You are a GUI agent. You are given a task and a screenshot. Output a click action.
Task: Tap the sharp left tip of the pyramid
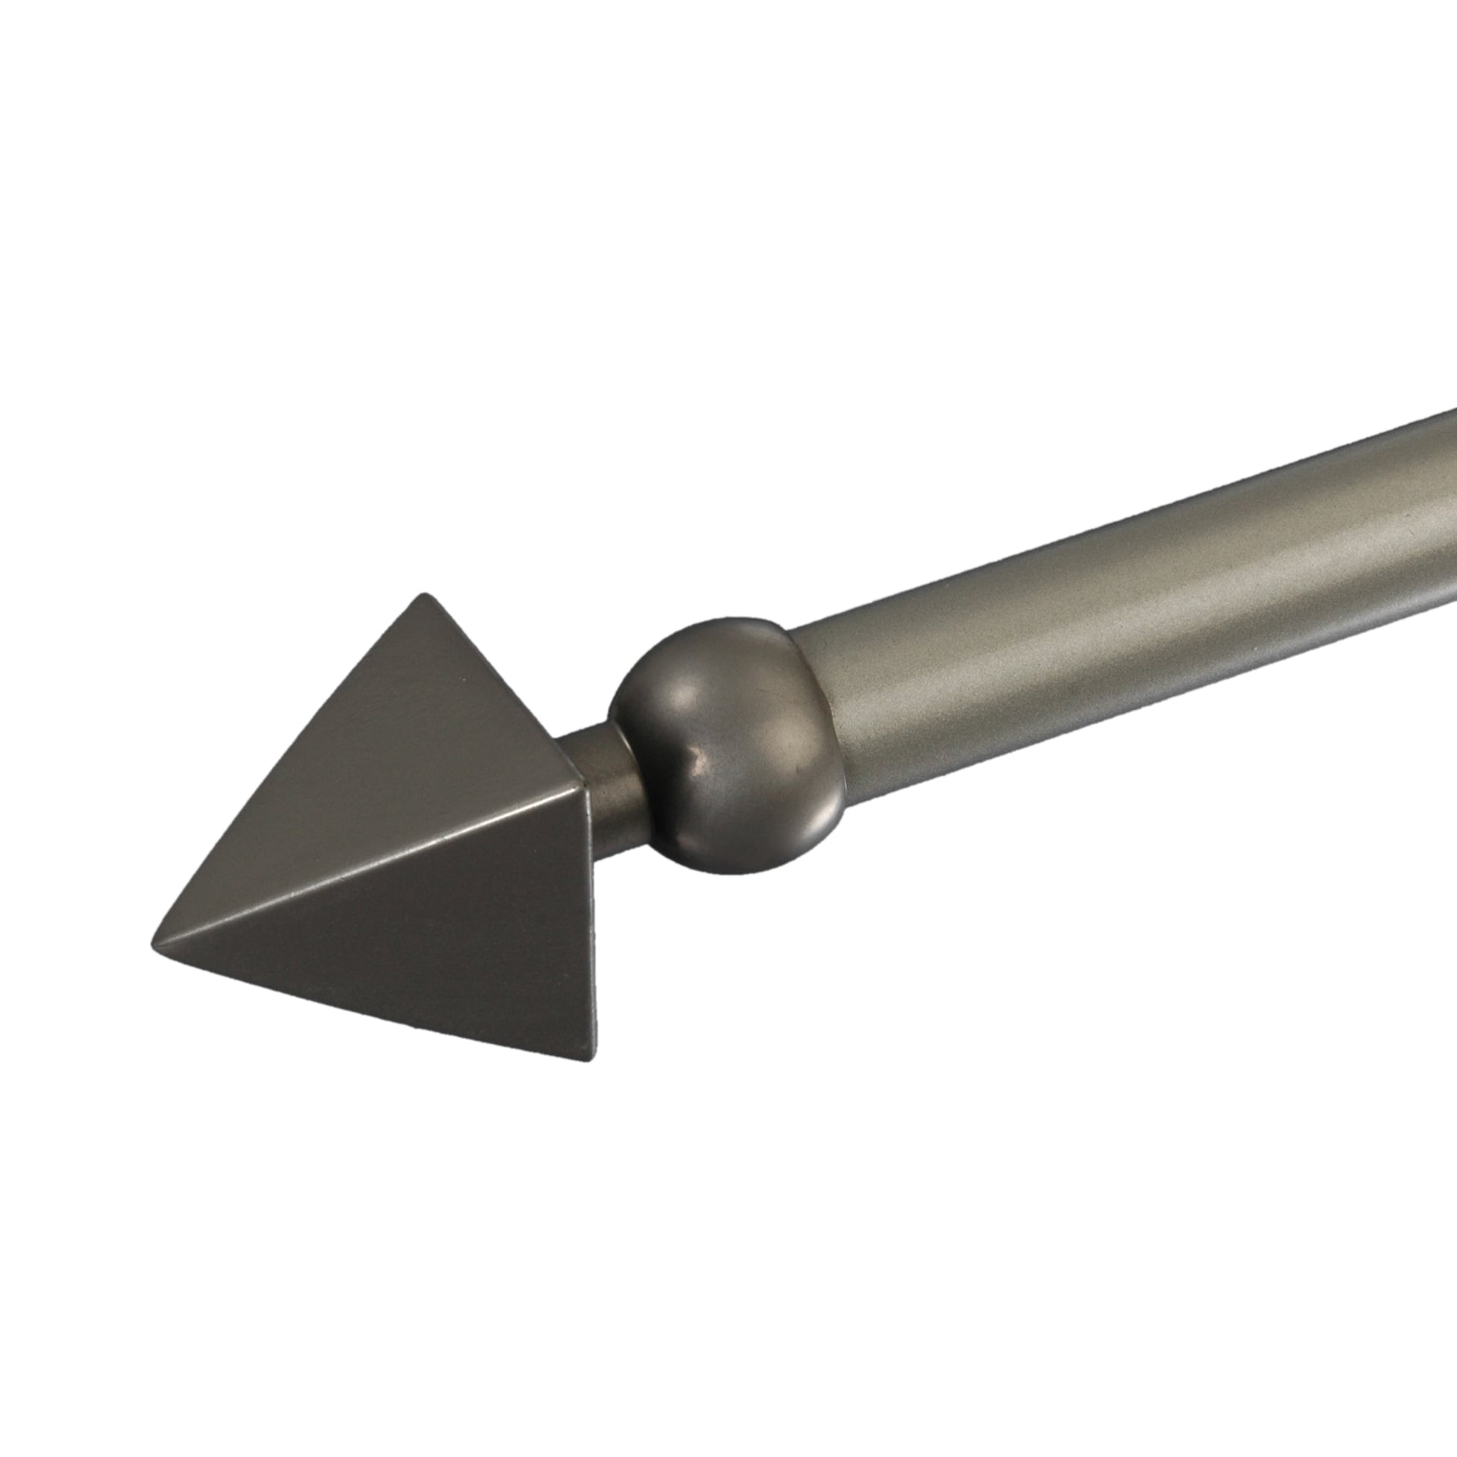point(157,934)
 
